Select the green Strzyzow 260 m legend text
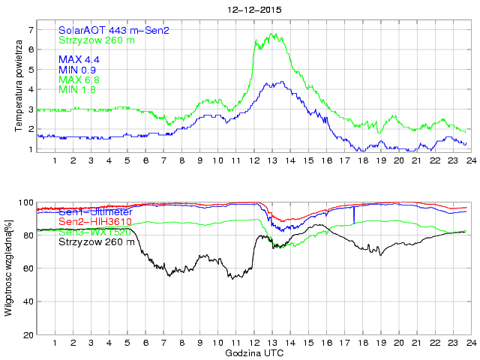click(x=97, y=40)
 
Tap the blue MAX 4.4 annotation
click(x=79, y=59)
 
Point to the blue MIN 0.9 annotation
click(x=77, y=70)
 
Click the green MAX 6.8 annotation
click(x=79, y=79)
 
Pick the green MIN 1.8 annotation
click(x=77, y=90)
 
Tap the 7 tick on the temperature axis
click(x=31, y=30)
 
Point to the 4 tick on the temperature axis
click(x=31, y=89)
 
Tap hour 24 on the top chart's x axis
click(x=470, y=160)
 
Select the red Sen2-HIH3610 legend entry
click(x=96, y=222)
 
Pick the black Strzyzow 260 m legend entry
click(x=97, y=242)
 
